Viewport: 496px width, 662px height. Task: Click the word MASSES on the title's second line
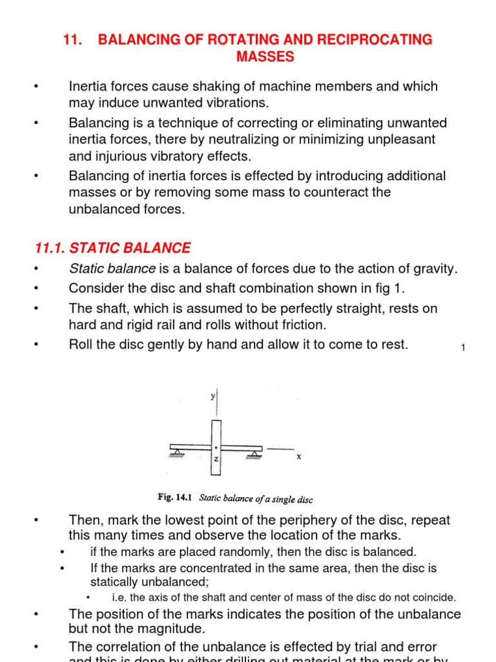coord(265,58)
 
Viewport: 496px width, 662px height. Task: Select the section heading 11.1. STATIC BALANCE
coord(112,248)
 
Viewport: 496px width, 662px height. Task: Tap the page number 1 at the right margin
coord(463,349)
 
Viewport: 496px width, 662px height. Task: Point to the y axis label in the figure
coord(212,398)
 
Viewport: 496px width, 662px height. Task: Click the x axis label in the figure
coord(299,456)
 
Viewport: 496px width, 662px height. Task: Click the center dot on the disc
coord(216,446)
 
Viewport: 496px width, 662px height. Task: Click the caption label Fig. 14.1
coord(176,498)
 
